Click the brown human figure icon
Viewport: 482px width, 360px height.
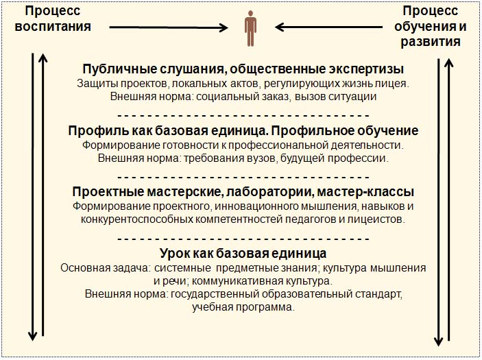[x=250, y=28]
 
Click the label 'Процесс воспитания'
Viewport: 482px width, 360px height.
[x=53, y=19]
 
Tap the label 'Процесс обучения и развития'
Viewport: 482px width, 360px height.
[x=431, y=26]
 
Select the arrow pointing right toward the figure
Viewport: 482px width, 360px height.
[x=169, y=27]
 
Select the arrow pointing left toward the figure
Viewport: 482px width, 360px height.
[x=328, y=27]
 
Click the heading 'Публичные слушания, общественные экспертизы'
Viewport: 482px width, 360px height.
[x=243, y=69]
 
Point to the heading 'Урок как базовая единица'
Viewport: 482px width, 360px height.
[x=243, y=253]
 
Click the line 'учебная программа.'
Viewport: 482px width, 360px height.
[x=243, y=307]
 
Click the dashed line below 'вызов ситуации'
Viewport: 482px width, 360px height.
[x=243, y=116]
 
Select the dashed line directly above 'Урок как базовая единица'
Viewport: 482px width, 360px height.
[x=243, y=239]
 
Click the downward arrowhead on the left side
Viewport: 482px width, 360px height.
[x=32, y=337]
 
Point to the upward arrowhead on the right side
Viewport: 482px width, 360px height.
[x=449, y=63]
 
